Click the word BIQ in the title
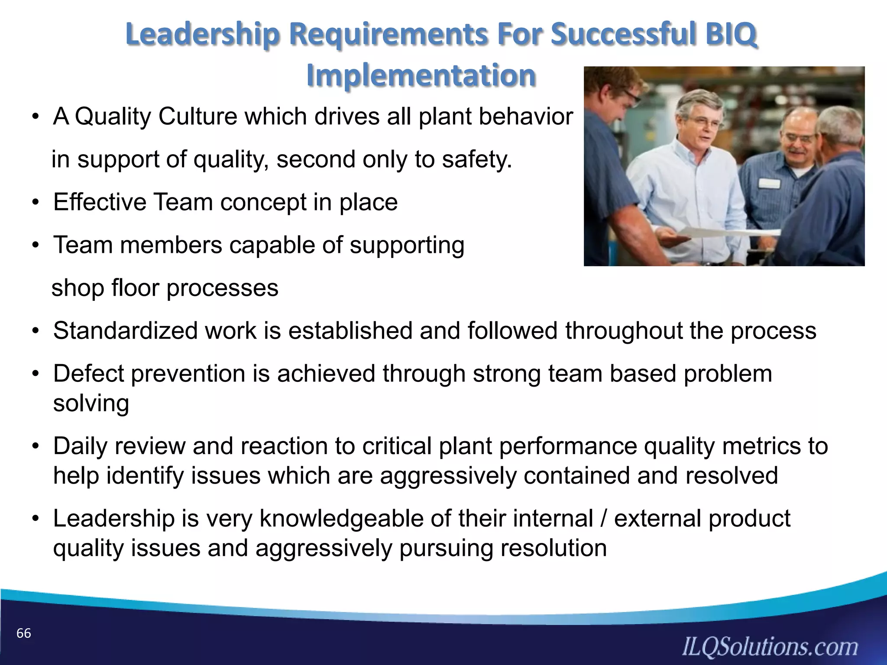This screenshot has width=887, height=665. (x=731, y=35)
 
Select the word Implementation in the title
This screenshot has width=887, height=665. (x=421, y=75)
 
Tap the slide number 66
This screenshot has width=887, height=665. (x=24, y=633)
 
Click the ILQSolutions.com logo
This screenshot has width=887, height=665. (x=770, y=646)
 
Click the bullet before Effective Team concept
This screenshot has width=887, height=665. (x=36, y=203)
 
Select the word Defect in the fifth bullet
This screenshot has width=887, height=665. (x=89, y=374)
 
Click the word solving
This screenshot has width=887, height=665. (x=91, y=403)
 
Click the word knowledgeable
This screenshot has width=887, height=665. (x=341, y=518)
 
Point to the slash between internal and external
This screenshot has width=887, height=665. (x=604, y=518)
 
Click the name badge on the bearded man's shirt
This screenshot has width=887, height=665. (x=769, y=183)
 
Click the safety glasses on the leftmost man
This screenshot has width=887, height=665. (x=628, y=97)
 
